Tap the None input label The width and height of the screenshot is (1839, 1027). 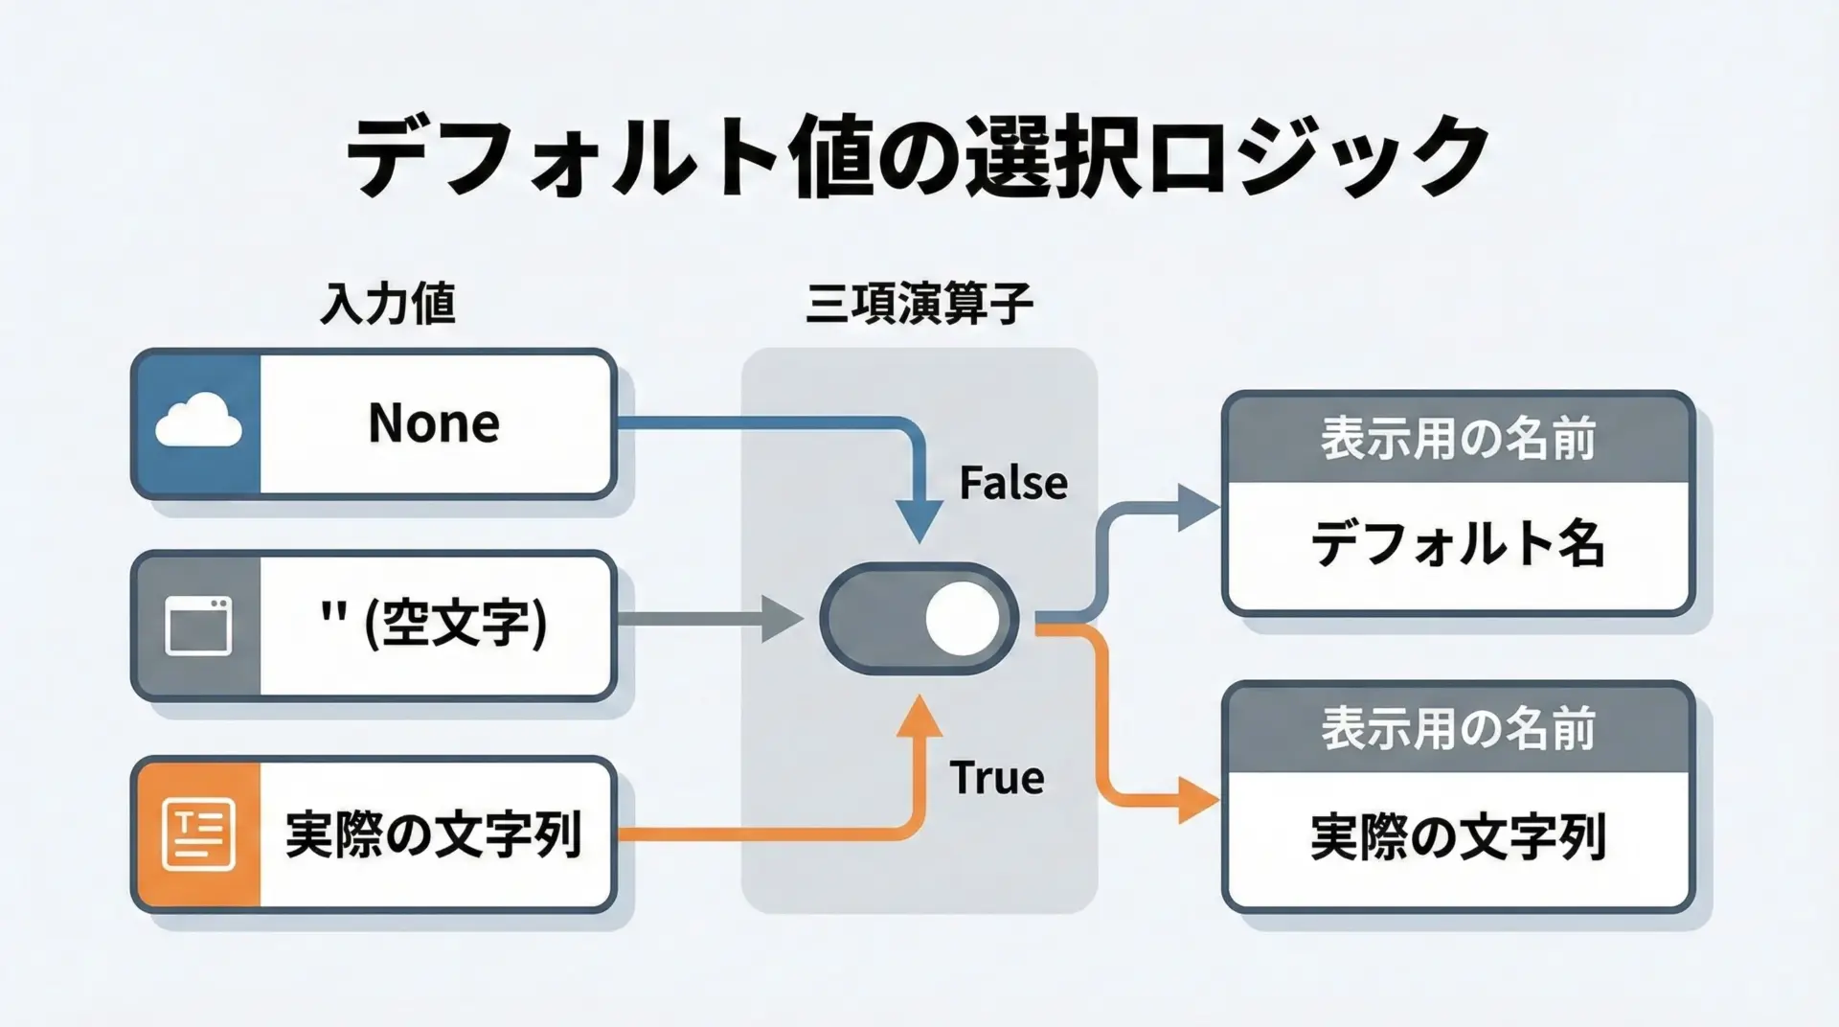[434, 422]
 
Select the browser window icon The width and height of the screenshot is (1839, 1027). [198, 627]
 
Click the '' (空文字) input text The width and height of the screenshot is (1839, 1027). [434, 624]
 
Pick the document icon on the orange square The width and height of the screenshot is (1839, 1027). [198, 833]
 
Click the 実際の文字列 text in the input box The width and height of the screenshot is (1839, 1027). [434, 833]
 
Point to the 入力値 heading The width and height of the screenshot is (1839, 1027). [387, 304]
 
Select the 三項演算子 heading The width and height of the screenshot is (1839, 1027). [919, 304]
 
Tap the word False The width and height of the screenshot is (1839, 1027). [1013, 483]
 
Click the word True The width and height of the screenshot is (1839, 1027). [996, 777]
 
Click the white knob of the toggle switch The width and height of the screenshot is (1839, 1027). [962, 619]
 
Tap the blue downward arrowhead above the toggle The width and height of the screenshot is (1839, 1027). [919, 522]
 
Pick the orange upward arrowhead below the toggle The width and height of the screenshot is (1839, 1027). [919, 717]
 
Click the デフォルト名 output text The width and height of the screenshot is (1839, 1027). [1457, 544]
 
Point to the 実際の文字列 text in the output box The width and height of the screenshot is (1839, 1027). [1457, 837]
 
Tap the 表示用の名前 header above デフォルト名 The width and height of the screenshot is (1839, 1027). [1458, 439]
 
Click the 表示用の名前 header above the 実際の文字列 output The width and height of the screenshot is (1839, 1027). [1458, 729]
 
